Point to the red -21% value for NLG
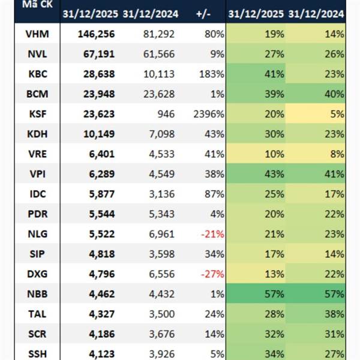[x=213, y=233]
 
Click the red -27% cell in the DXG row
[x=213, y=273]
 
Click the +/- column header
[x=203, y=14]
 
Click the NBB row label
[x=38, y=293]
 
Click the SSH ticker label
[x=38, y=353]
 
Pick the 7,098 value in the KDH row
[x=161, y=134]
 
